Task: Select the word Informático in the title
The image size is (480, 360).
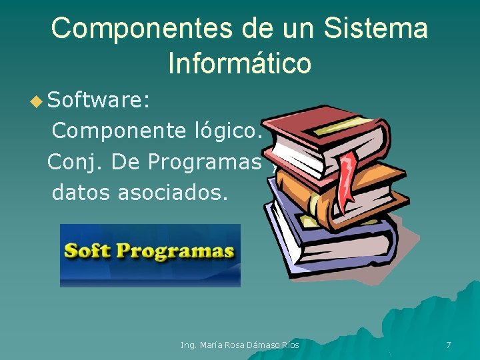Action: click(239, 64)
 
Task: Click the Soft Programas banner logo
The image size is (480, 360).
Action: click(150, 255)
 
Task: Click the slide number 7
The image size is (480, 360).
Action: click(448, 345)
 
